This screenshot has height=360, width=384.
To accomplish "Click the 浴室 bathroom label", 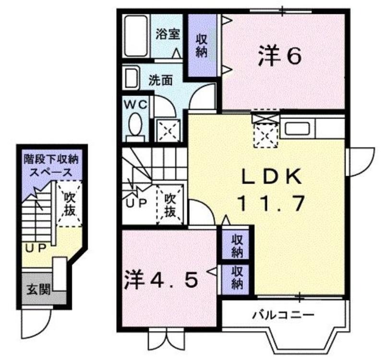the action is tap(168, 34).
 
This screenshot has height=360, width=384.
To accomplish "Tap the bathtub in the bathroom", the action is tap(136, 36).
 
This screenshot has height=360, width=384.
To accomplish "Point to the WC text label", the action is tap(136, 105).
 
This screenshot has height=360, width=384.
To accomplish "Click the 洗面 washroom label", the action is tap(160, 80).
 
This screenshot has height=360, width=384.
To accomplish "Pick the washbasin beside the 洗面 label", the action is tap(132, 78).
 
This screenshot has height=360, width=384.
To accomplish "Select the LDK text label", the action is tap(271, 176).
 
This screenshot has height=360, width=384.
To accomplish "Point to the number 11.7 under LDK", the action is tap(271, 203).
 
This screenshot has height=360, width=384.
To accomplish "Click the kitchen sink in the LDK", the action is tap(297, 128).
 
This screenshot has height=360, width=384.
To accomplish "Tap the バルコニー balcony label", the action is tap(283, 314).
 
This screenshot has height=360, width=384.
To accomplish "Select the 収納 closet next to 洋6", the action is tap(202, 46).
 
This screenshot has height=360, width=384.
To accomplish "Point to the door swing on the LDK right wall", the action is tap(362, 162).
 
